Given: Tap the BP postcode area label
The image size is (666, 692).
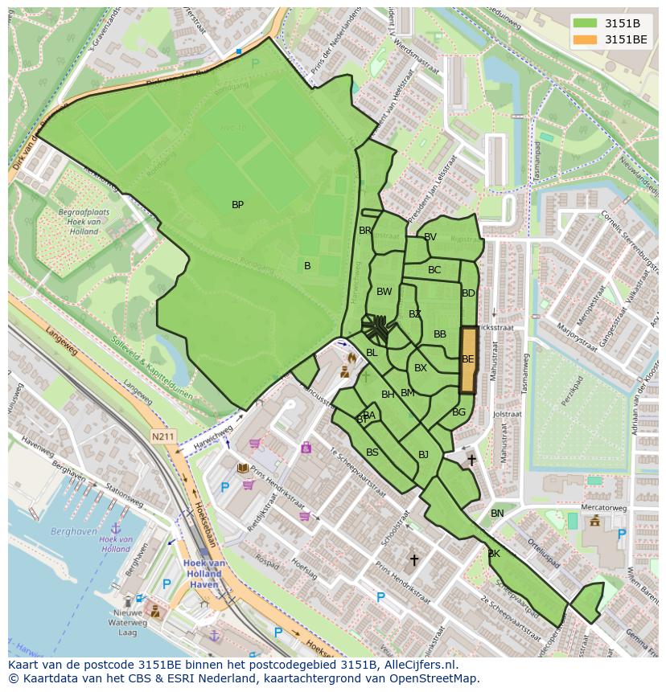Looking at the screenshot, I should tap(237, 205).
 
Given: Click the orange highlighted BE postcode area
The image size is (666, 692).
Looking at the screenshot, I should tap(467, 359).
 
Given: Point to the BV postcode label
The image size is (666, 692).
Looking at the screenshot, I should tap(430, 237).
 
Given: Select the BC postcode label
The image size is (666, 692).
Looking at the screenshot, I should tap(434, 270).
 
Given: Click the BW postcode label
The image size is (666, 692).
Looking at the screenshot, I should tap(384, 292).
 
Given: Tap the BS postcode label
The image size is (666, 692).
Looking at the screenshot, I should tap(372, 452).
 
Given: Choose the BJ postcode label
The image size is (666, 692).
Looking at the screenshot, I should tap(423, 455).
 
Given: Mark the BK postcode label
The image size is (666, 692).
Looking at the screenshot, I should tap(494, 554).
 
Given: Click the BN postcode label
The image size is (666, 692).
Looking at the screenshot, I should tap(497, 514).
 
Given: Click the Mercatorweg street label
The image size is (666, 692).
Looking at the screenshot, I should tap(604, 508).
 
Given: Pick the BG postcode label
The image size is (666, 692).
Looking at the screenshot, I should tap(458, 412).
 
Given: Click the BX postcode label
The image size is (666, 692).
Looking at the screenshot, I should tap(420, 368).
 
